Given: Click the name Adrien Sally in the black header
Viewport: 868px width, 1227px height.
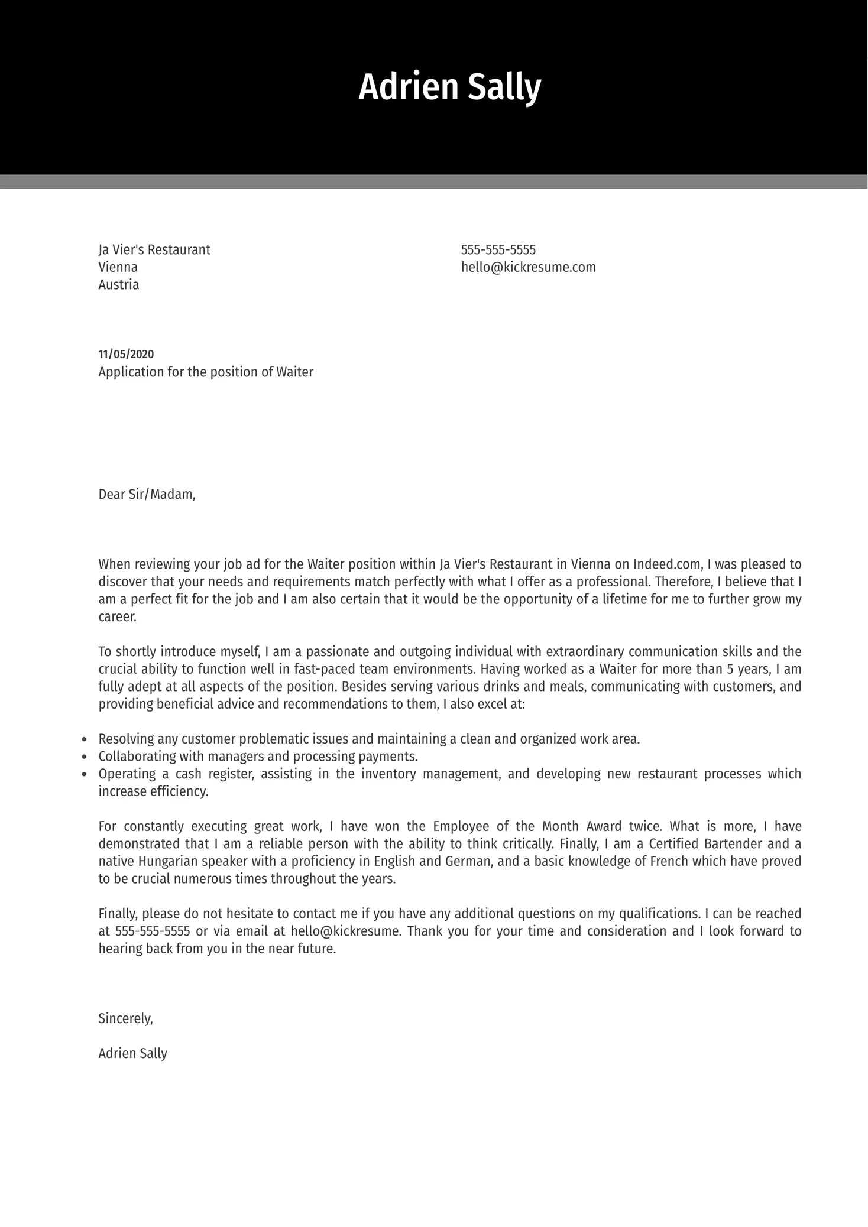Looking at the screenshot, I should (x=449, y=87).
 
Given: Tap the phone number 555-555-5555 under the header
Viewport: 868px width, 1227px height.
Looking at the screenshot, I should (x=498, y=249).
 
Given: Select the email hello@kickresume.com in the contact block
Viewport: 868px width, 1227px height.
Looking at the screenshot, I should (x=528, y=267).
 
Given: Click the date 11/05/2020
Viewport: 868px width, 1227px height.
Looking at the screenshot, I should (x=126, y=354).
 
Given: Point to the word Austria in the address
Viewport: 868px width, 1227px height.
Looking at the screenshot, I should (x=119, y=285).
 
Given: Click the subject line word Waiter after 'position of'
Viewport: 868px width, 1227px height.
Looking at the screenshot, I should (x=294, y=372).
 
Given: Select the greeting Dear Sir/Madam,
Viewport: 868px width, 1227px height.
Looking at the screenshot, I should (x=147, y=494).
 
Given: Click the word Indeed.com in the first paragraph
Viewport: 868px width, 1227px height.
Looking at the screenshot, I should (x=668, y=564).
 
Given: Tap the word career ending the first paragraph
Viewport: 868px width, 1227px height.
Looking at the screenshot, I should (x=116, y=617).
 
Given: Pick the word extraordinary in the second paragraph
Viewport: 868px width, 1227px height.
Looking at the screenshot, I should (x=585, y=651).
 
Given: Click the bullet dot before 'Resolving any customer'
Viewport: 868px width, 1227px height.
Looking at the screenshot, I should (x=84, y=739).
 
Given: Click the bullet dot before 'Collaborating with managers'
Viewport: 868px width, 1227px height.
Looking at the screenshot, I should (x=84, y=757).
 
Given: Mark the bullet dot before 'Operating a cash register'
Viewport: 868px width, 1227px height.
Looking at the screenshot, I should (x=84, y=774).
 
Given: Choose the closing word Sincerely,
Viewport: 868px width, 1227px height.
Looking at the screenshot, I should (x=125, y=1018).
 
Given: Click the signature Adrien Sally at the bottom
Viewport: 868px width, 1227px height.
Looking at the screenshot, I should (x=132, y=1053).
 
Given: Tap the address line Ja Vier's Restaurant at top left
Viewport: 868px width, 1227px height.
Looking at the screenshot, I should (x=154, y=249).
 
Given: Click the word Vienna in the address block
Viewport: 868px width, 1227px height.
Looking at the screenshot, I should (x=118, y=267).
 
